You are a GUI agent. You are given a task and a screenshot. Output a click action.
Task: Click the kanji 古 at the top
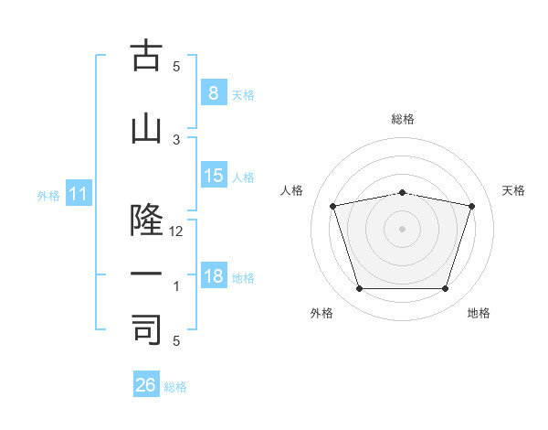pos(146,55)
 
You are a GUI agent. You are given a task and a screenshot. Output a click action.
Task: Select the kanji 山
pos(146,130)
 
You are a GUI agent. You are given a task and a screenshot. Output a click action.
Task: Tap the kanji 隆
pos(146,220)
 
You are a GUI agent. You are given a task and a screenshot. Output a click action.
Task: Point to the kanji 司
pos(146,329)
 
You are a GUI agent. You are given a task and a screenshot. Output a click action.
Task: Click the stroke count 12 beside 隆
pos(175,231)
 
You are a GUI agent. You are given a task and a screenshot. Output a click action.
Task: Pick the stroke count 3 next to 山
pos(176,140)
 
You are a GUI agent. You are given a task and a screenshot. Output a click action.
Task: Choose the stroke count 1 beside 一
pos(176,286)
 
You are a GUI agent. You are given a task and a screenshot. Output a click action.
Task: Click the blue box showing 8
pos(214,92)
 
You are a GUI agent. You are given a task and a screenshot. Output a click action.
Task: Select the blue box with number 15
pos(214,175)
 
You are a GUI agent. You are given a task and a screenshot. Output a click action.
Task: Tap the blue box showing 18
pos(214,274)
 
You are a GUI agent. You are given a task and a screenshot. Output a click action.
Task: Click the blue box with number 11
pos(79,193)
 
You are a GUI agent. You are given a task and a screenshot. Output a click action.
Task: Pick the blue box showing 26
pos(146,383)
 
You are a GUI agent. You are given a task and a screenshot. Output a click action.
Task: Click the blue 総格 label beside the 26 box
pos(175,387)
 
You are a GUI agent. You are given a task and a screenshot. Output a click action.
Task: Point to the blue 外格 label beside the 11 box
pos(48,196)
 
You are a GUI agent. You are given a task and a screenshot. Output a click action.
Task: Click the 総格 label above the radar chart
pos(403,119)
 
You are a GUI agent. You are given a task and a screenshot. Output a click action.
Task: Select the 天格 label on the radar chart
pos(513,190)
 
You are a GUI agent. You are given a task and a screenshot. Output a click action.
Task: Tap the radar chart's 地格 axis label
pos(479,313)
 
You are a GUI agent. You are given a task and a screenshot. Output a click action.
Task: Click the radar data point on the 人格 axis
pos(332,206)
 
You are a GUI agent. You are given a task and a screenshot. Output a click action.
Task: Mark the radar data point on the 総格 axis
pos(402,193)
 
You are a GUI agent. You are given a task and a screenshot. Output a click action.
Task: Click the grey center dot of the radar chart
pos(402,229)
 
